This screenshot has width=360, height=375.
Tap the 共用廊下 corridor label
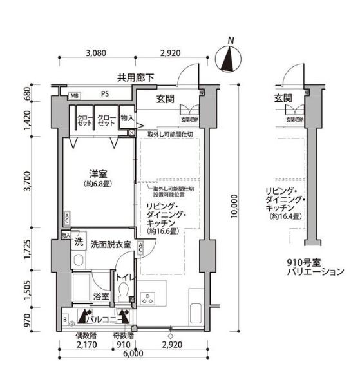135,78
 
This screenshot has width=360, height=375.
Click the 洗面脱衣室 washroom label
111,245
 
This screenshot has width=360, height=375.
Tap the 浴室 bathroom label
101,296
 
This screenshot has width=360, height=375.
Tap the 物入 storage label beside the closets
127,119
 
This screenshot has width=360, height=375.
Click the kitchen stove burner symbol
146,298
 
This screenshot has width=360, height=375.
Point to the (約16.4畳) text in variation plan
286,217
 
